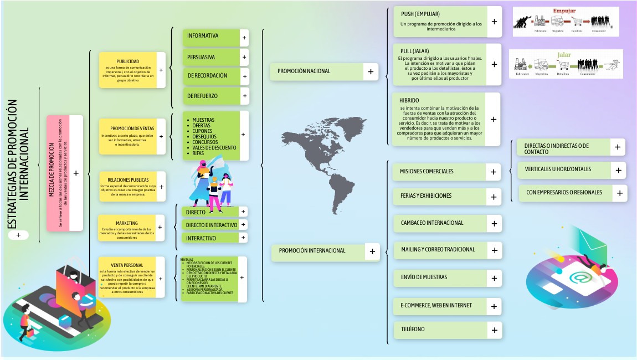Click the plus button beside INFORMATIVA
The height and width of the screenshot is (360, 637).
tap(244, 38)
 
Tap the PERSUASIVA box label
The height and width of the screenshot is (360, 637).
tap(201, 57)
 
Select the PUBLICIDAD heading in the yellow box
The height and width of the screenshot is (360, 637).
tap(128, 61)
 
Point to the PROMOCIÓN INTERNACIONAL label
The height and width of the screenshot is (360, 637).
tap(312, 250)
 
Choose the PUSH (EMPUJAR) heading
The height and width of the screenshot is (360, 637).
tap(420, 14)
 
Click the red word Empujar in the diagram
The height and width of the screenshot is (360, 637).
tap(564, 11)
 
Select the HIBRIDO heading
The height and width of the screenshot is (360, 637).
tap(409, 100)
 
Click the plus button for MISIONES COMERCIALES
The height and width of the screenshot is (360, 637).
tap(493, 172)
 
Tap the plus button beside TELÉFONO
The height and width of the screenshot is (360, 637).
tap(494, 330)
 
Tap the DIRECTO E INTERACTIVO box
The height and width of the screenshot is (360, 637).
tap(212, 225)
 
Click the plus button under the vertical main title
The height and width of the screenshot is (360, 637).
tap(18, 235)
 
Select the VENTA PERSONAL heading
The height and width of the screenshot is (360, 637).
tap(127, 265)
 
